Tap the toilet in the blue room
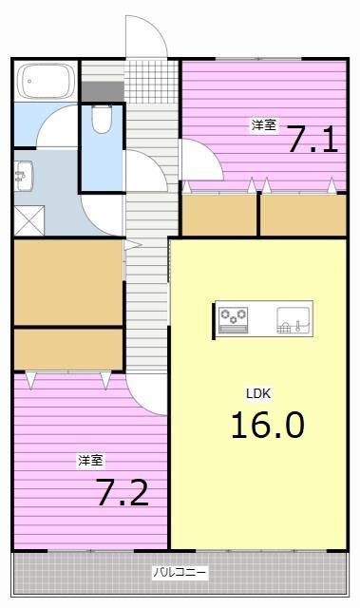[102, 119]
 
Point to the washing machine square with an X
[28, 218]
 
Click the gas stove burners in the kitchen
[233, 320]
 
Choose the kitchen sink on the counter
[293, 320]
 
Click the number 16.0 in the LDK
[267, 425]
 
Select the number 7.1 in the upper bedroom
[312, 141]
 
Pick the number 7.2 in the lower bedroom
[122, 493]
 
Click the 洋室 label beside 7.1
[263, 124]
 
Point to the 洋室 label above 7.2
[90, 461]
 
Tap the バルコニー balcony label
[180, 573]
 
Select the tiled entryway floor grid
[147, 81]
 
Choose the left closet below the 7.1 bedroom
[219, 215]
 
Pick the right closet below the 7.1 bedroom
[303, 215]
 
